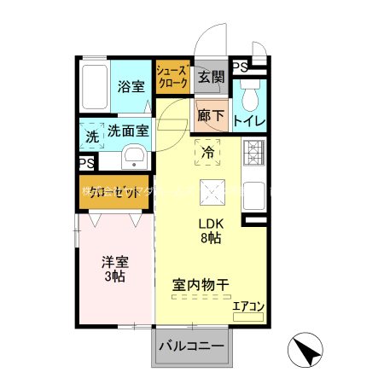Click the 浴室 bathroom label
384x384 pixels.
[x=130, y=86]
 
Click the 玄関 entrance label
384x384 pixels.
[x=210, y=77]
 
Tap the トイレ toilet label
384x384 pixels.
[x=248, y=121]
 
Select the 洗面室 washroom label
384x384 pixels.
[x=128, y=131]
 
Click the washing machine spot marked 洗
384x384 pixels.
[x=91, y=134]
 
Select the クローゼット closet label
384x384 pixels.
[x=114, y=192]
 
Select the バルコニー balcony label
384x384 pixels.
[x=193, y=348]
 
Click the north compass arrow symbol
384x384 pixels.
[x=308, y=351]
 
